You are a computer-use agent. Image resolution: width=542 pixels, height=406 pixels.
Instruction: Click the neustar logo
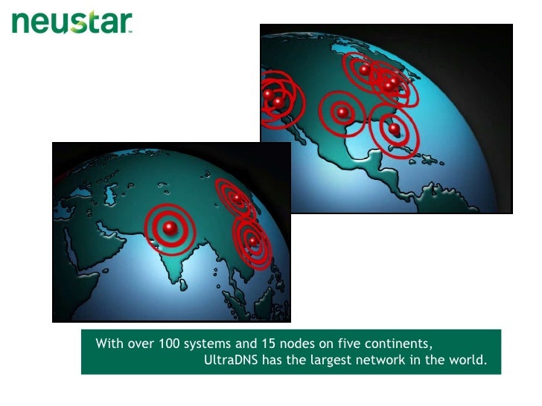coord(72,23)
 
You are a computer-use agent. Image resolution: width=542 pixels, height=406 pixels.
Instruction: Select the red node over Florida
coord(395,129)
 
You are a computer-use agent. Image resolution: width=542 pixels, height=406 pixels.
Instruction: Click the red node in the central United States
coord(342,112)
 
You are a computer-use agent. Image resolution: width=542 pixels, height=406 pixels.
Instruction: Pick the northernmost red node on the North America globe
coord(364,69)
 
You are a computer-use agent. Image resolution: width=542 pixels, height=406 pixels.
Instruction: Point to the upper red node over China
coord(236,198)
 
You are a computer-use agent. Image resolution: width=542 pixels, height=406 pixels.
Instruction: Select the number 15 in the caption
coord(267,344)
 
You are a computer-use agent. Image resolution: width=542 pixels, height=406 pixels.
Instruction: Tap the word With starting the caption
coord(108,344)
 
